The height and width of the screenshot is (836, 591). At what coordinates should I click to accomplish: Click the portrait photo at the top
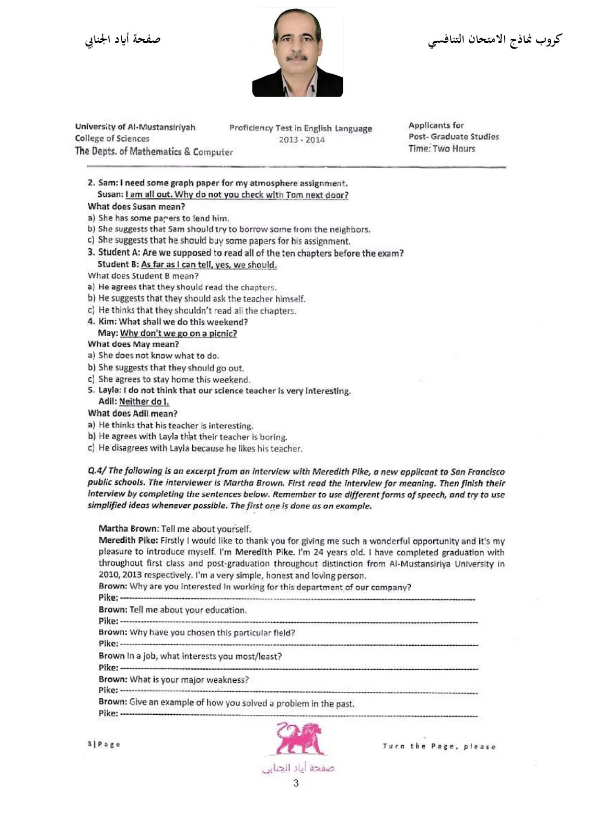[297, 53]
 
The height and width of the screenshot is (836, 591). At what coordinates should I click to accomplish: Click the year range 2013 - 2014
[302, 140]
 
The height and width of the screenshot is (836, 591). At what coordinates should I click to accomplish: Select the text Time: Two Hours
[442, 149]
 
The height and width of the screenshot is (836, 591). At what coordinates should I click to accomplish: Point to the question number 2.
[91, 183]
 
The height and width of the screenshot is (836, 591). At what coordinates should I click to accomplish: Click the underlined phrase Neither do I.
[144, 402]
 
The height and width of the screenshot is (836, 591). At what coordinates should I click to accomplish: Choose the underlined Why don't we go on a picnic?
[178, 333]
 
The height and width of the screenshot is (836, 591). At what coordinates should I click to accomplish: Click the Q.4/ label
[97, 471]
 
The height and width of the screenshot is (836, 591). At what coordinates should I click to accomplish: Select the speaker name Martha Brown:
[129, 529]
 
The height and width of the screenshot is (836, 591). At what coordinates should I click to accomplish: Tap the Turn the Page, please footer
[439, 747]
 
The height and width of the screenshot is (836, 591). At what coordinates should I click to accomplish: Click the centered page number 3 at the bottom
[296, 783]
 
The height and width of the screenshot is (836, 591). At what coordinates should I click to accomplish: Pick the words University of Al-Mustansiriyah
[135, 127]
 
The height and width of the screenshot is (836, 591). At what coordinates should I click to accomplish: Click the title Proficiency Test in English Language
[300, 128]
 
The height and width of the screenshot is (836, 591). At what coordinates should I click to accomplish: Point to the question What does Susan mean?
[136, 206]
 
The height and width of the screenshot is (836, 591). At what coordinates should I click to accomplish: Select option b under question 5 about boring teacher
[192, 437]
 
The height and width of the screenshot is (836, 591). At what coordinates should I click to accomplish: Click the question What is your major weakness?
[189, 680]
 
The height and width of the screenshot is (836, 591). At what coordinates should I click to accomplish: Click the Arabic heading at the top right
[494, 40]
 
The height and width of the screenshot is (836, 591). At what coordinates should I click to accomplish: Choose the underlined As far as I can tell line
[208, 264]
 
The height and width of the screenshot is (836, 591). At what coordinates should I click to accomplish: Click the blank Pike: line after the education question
[298, 622]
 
